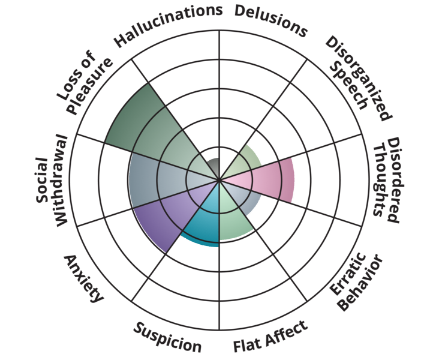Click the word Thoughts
coord(378,179)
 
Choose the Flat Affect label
coord(270,337)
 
